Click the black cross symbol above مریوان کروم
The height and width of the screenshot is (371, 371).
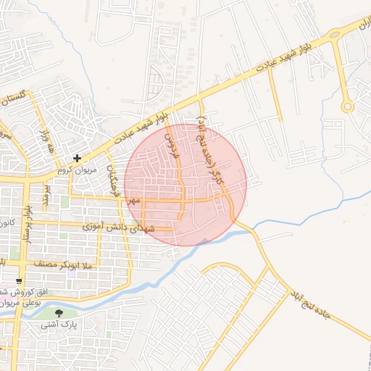pos(77,157)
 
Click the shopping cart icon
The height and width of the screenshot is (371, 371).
pos(19,281)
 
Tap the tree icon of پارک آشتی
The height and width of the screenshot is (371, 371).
pos(59,313)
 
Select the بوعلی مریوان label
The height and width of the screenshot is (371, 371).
pos(33,304)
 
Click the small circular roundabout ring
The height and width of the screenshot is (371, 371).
pos(348,107)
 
